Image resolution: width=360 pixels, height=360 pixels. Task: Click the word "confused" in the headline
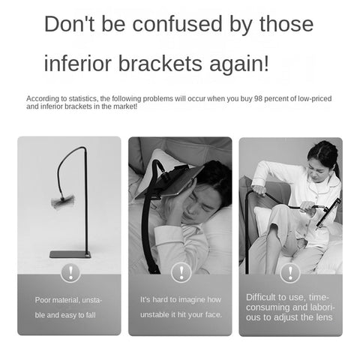coord(177,24)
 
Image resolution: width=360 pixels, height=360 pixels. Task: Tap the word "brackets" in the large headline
coord(160,64)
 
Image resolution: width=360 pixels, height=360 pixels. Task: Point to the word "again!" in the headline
coord(239,65)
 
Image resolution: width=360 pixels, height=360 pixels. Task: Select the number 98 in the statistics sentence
coord(258,99)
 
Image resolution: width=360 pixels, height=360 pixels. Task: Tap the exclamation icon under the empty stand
coord(70,273)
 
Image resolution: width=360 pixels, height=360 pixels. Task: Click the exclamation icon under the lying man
coord(181,273)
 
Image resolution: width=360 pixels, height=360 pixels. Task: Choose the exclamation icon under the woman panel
coord(290,273)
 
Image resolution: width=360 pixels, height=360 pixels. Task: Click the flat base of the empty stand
coord(70,254)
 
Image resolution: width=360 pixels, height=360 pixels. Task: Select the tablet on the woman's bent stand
coord(328,214)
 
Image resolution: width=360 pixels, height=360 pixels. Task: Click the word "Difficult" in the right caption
coord(261,297)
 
